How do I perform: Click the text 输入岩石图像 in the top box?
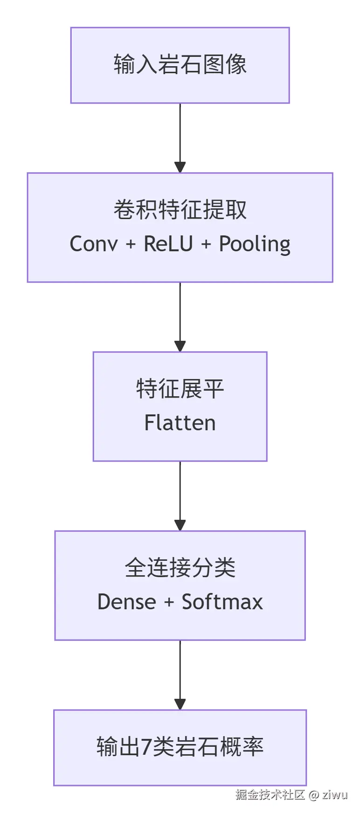[x=180, y=64]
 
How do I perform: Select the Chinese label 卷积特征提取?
[x=180, y=210]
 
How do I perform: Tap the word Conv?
[x=94, y=244]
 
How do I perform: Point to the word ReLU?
[x=168, y=244]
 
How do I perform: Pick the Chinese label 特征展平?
[x=180, y=389]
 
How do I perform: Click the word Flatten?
[x=180, y=423]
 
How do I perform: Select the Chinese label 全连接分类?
[x=180, y=568]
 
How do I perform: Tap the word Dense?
[x=126, y=602]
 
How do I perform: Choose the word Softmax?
[x=222, y=602]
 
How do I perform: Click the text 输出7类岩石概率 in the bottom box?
[x=180, y=747]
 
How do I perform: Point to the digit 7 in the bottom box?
[x=146, y=747]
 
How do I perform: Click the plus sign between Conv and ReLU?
[x=131, y=244]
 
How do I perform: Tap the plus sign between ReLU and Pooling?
[x=206, y=244]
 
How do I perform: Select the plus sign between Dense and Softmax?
[x=169, y=602]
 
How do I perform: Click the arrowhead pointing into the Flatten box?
[x=180, y=346]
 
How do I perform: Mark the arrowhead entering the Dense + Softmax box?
[x=180, y=525]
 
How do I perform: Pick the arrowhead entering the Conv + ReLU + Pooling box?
[x=180, y=167]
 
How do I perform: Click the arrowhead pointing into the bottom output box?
[x=180, y=704]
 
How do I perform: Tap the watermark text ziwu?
[x=335, y=794]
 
